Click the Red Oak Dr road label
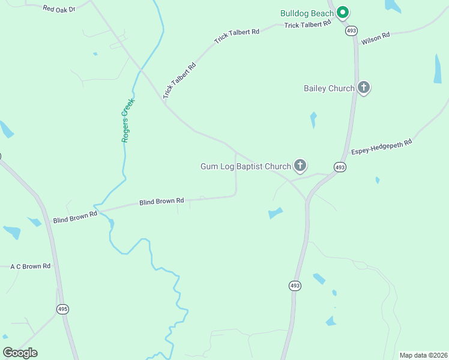point(59,9)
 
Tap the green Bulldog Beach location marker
point(343,11)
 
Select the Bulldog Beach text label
point(308,13)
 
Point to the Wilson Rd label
point(376,38)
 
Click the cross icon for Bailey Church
point(363,88)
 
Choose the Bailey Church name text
point(329,89)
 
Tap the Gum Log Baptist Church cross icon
point(300,166)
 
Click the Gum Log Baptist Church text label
point(246,166)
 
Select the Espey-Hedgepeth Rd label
point(382,147)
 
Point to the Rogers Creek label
point(127,120)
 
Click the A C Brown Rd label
point(30,266)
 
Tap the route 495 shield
point(63,309)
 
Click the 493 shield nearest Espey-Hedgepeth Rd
point(340,167)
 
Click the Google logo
point(20,352)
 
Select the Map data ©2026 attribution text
point(423,355)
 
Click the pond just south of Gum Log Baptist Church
point(275,213)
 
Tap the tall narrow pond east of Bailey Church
point(438,68)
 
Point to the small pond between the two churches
point(313,119)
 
